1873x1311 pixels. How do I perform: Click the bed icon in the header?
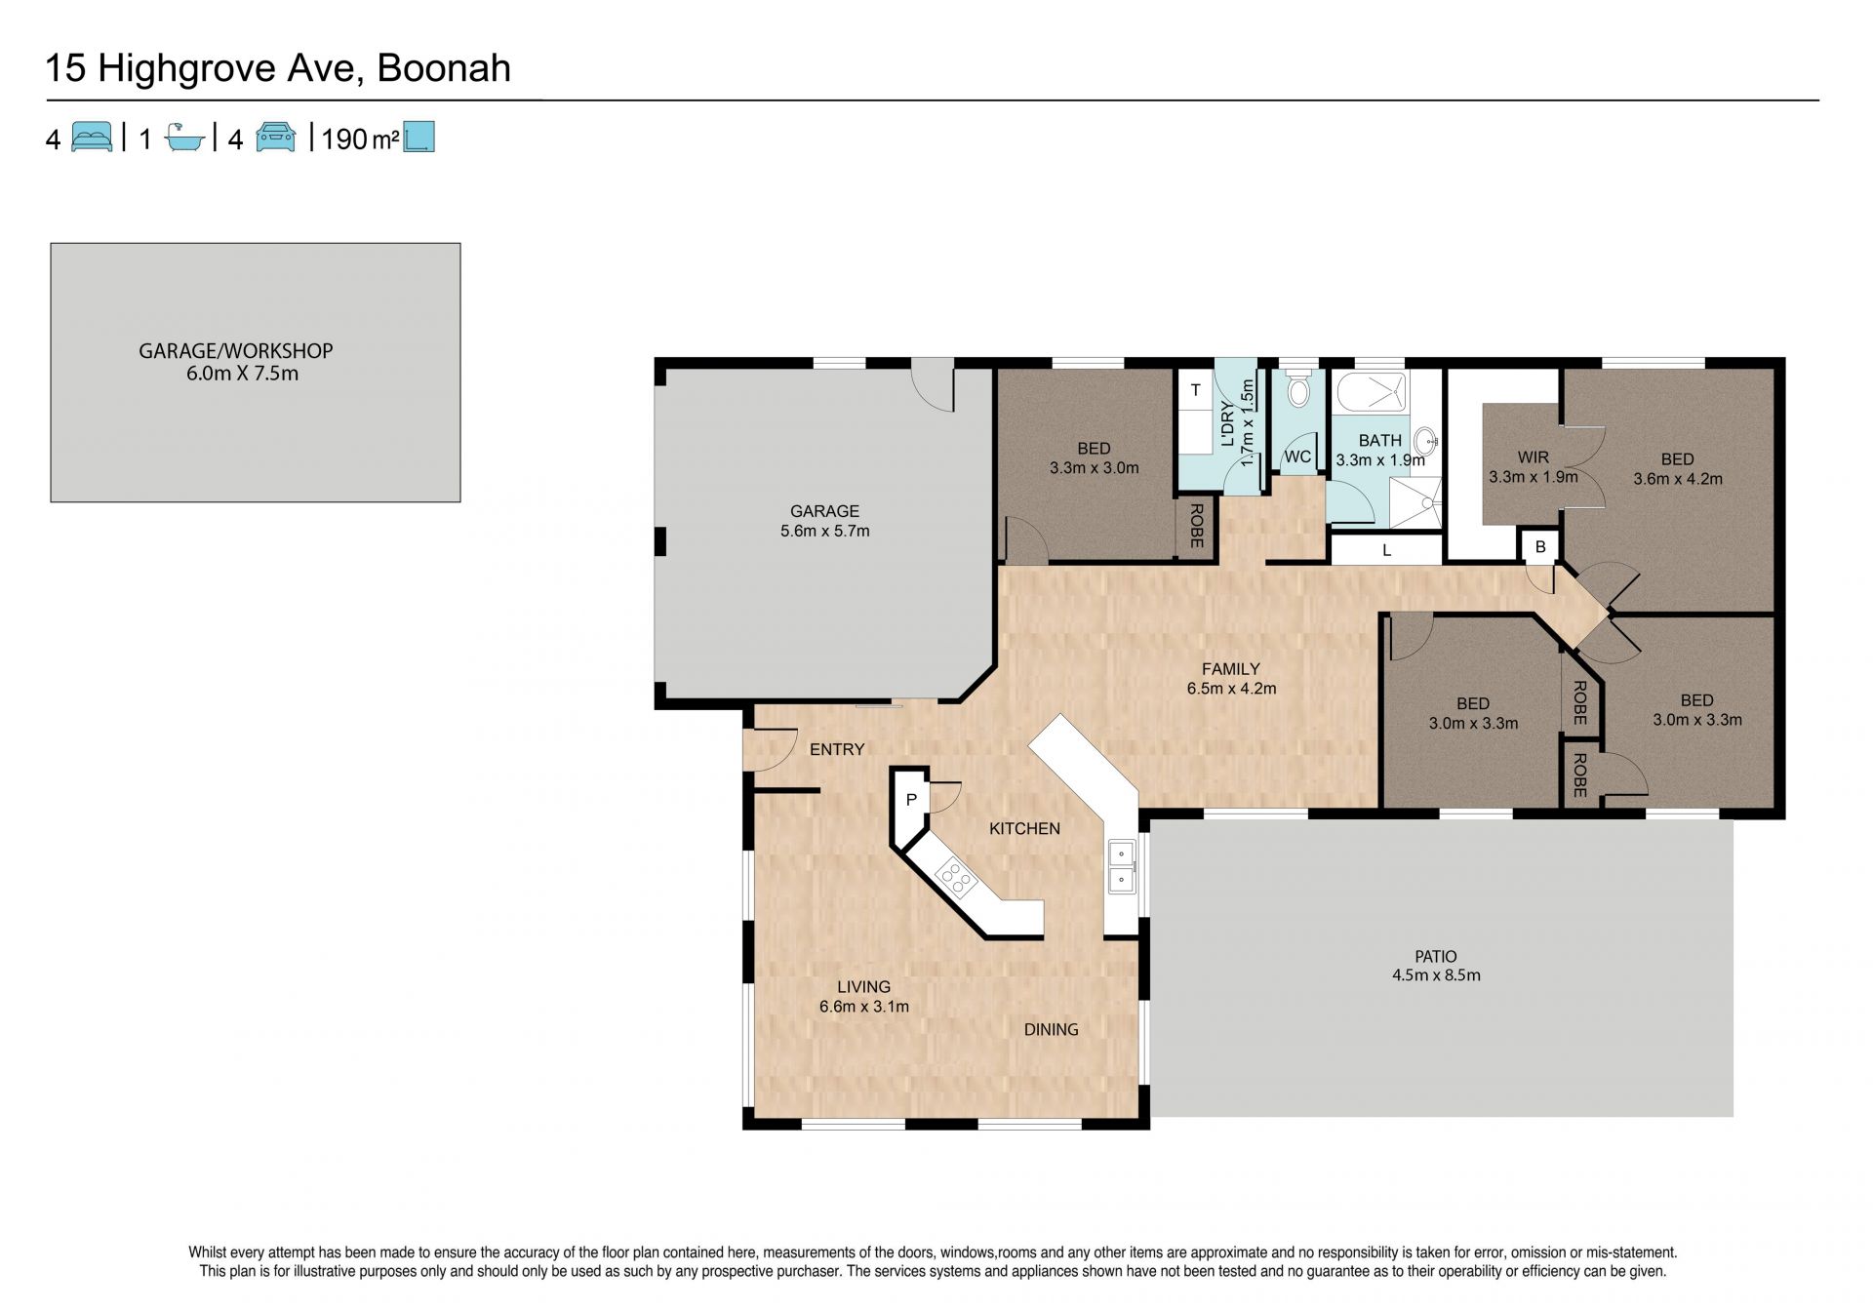point(93,138)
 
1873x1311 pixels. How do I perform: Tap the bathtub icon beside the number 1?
point(184,138)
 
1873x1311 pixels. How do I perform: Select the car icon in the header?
point(276,138)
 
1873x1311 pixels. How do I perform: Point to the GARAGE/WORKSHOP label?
point(236,350)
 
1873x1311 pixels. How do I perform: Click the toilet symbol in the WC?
point(1298,389)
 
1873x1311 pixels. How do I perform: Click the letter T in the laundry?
point(1196,390)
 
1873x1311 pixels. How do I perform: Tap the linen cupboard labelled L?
point(1385,550)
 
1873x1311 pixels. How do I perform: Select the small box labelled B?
point(1540,547)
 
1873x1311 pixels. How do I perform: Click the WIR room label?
point(1534,457)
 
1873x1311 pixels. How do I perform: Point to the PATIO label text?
point(1436,956)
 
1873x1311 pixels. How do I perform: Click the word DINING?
point(1051,1029)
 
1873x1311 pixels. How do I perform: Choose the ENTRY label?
point(837,749)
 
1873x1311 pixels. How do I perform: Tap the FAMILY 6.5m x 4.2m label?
point(1231,678)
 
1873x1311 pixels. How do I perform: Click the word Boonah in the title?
point(444,68)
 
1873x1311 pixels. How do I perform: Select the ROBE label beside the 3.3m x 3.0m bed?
point(1196,525)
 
